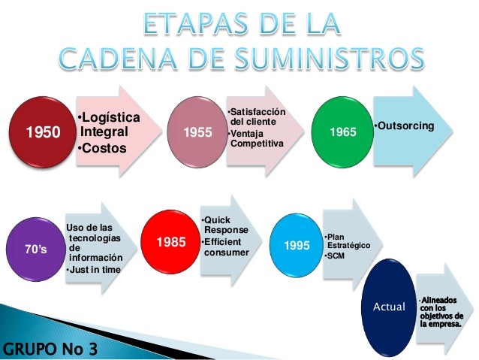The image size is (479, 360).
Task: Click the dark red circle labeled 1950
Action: [x=43, y=133]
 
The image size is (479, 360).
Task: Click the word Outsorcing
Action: [x=404, y=124]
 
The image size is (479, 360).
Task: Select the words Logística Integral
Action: [x=107, y=126]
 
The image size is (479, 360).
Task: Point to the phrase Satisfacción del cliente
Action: [x=256, y=116]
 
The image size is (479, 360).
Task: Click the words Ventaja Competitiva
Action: [x=256, y=139]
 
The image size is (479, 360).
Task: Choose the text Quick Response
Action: [x=227, y=225]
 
